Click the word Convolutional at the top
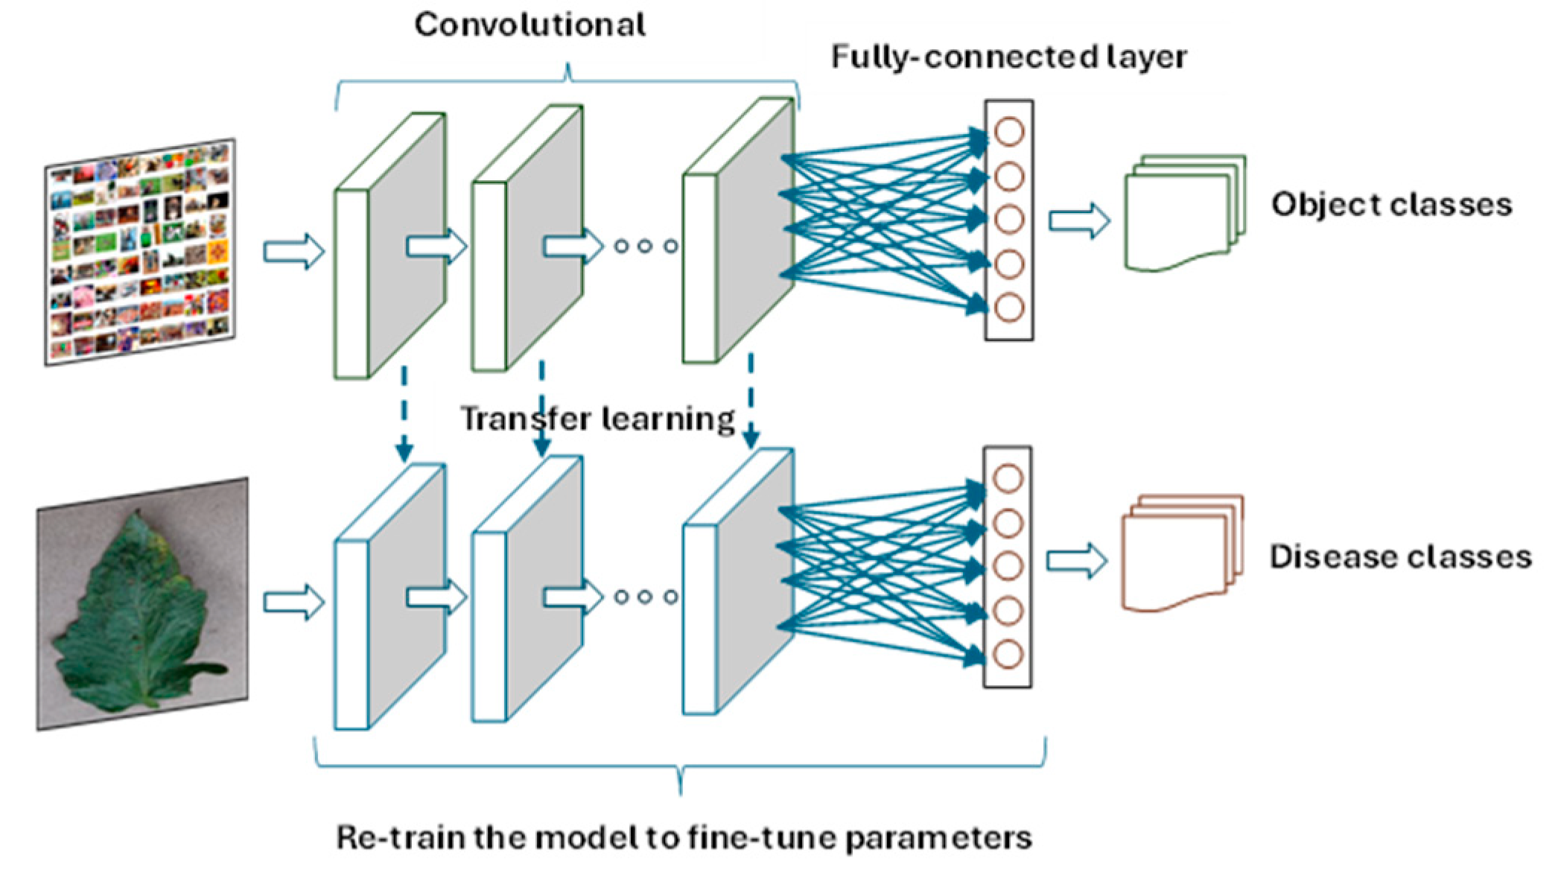tap(530, 25)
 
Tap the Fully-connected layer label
tap(1008, 57)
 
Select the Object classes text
tap(1390, 205)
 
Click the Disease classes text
tap(1399, 557)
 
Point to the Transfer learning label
tap(597, 419)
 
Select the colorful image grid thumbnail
tap(141, 251)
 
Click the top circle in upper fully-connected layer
tap(1008, 133)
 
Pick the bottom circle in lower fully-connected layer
tap(1007, 654)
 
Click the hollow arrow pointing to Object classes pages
tap(1079, 221)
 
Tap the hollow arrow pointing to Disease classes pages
tap(1077, 561)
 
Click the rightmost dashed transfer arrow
tap(751, 402)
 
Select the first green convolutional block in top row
tap(389, 246)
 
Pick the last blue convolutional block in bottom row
tap(737, 581)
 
